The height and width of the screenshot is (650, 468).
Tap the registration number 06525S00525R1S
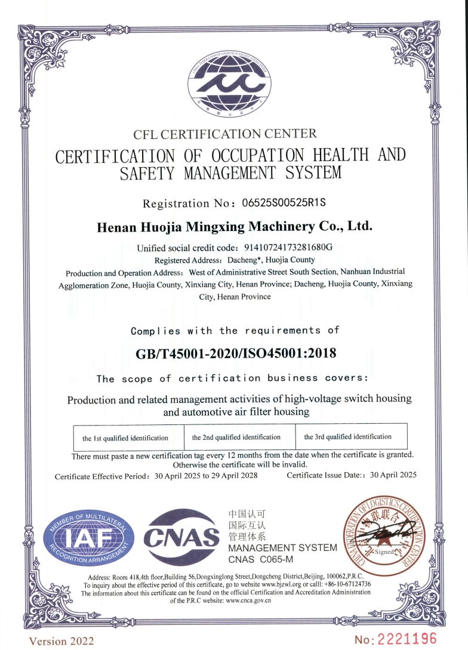point(284,203)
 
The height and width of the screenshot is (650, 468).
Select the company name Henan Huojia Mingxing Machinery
point(234,227)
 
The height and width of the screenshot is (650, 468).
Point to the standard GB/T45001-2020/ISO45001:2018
point(236,353)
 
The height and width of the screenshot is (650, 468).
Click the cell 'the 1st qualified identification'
point(125,438)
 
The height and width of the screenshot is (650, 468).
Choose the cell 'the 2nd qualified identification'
point(236,437)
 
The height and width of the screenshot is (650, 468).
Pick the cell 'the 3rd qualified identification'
point(348,436)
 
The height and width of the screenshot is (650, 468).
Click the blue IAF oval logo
point(88,538)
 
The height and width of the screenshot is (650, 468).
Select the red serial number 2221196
point(406,639)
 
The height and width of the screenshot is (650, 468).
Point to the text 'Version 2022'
point(62,640)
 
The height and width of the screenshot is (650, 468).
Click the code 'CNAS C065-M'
point(260,560)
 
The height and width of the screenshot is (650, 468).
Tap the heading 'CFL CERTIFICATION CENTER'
point(225,134)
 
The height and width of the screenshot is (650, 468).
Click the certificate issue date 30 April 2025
point(393,475)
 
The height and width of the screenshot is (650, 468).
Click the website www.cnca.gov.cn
point(248,601)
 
